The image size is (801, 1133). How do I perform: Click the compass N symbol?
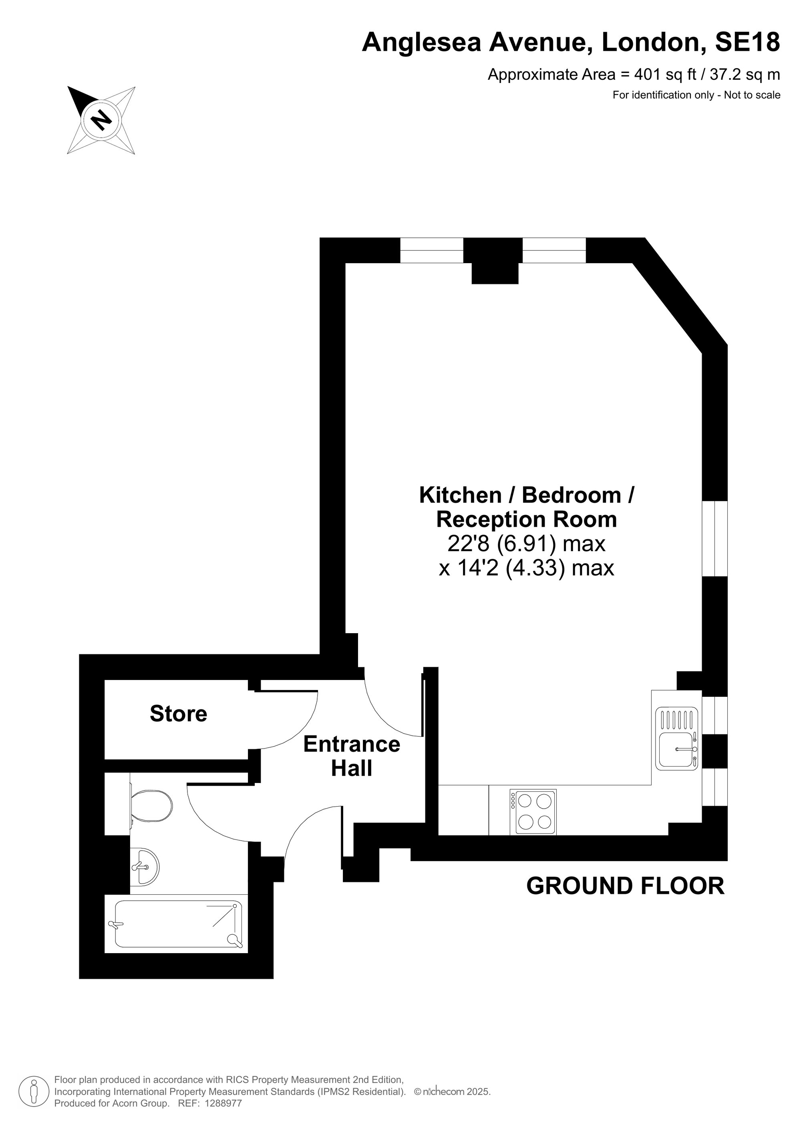coord(101,119)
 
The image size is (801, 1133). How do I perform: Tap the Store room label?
coord(178,714)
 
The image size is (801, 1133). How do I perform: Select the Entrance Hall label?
coord(351,757)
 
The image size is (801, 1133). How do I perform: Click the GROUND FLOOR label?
coord(625,886)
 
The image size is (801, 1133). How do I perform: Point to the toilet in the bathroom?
coord(151,806)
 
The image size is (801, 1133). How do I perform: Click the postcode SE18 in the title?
coord(747,42)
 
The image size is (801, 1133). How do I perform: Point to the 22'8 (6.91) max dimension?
coord(526,544)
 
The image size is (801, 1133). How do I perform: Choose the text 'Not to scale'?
coord(752,95)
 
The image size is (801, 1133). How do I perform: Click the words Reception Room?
coord(527,519)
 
